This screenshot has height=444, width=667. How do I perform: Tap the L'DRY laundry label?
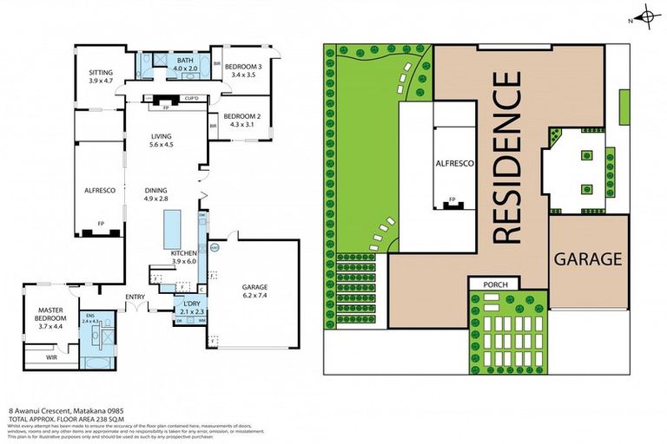pos(189,305)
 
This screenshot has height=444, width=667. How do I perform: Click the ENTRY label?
pos(135,297)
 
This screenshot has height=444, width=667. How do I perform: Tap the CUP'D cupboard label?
pos(193,99)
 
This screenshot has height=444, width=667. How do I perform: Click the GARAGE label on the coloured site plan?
pos(588,258)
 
